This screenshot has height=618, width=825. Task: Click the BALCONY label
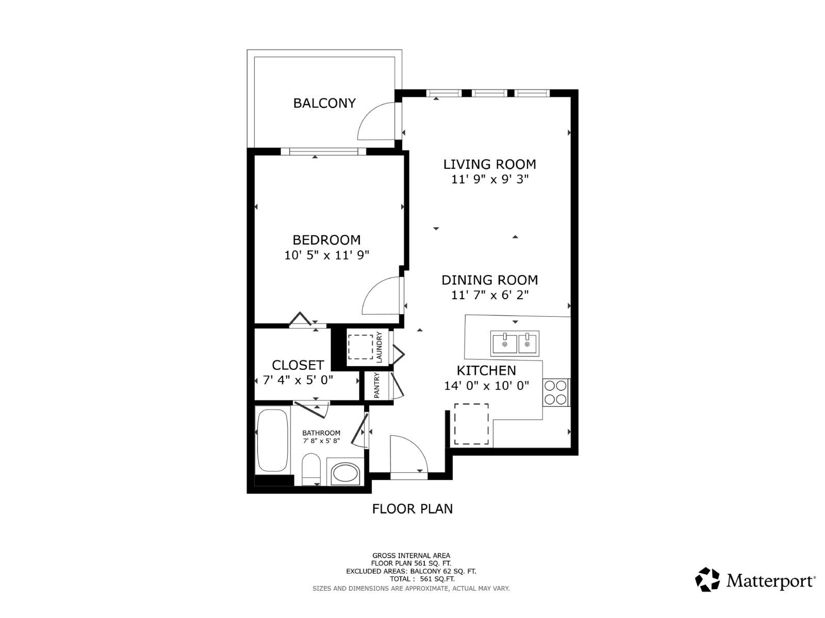324,103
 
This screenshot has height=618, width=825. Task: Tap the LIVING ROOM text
489,164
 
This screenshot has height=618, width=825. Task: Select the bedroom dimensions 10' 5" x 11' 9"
326,255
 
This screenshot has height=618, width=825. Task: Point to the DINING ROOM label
489,280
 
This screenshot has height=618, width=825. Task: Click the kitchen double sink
515,344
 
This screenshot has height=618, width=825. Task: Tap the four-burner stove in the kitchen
555,392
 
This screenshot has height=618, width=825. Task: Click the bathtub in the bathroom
272,440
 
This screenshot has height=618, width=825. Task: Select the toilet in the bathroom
311,469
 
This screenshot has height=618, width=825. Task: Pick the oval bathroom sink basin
345,473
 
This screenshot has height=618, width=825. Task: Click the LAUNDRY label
379,347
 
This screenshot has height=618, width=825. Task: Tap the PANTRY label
376,385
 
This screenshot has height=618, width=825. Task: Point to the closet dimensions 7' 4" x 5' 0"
298,380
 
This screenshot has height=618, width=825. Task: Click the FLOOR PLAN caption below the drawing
412,509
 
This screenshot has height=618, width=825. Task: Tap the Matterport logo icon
707,579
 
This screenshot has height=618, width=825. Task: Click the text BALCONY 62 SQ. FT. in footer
443,571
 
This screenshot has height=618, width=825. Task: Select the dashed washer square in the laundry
360,347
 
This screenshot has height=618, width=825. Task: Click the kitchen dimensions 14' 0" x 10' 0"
486,386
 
